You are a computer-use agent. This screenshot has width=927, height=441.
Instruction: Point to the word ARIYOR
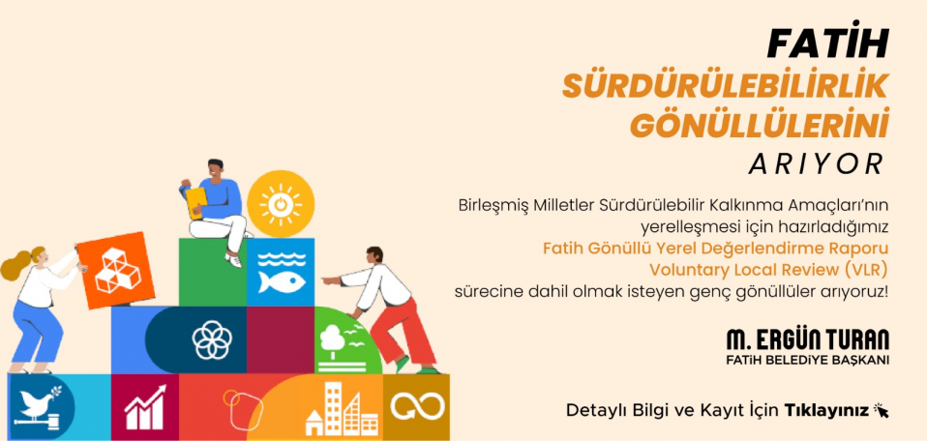tap(817, 164)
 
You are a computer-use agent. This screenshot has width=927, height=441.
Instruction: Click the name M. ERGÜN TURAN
tap(808, 340)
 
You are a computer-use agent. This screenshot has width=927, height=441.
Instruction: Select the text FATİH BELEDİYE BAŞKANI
tap(808, 361)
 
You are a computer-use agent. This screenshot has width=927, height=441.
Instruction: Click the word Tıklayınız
tap(826, 411)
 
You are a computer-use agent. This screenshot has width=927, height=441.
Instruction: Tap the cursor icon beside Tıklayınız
tap(881, 410)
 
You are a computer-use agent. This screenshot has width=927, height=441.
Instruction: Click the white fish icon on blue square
tap(281, 272)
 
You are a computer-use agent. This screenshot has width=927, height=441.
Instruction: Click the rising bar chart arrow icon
tap(145, 407)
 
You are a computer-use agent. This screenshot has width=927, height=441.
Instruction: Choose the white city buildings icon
tap(342, 408)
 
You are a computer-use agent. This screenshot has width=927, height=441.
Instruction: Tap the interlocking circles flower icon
tap(211, 339)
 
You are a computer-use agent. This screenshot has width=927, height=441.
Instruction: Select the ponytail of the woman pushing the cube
tap(15, 266)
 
